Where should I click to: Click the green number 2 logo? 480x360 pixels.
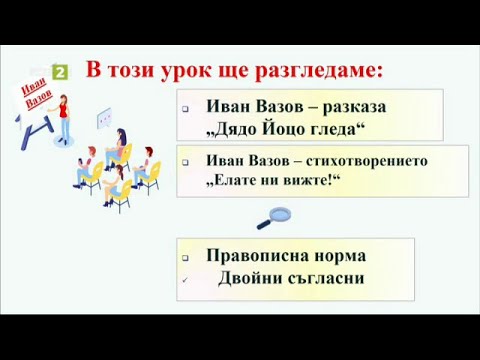tap(60, 72)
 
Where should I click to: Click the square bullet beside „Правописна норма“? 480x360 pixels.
tap(186, 257)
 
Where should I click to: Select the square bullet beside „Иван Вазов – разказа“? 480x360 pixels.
tap(186, 108)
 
